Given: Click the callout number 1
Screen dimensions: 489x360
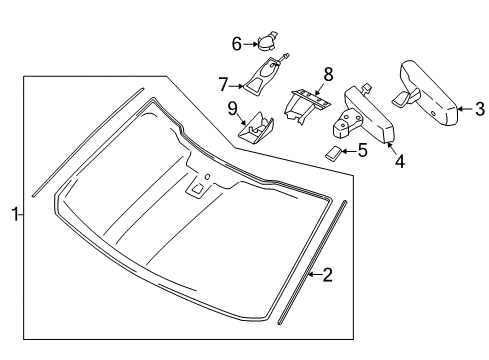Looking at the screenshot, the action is (x=15, y=214).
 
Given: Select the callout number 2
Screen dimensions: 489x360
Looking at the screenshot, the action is (x=328, y=275).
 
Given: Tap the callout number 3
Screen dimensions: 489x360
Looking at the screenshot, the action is (x=479, y=109).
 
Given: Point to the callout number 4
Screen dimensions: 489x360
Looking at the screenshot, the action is (x=400, y=162).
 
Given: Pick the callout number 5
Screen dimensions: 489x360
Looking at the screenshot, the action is (x=363, y=151).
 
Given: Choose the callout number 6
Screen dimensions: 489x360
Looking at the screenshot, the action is (x=237, y=44).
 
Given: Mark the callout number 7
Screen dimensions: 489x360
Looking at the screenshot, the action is (x=223, y=84).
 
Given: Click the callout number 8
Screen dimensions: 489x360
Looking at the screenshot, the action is (x=328, y=74).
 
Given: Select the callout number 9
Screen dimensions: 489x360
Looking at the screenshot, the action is (x=232, y=108).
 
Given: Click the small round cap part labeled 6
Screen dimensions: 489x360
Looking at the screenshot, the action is (x=267, y=42).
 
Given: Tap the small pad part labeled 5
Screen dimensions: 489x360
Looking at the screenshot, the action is (x=333, y=153).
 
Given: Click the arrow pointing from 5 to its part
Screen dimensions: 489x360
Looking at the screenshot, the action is (x=349, y=151).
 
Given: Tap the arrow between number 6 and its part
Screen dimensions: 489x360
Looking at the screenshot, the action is (x=250, y=44).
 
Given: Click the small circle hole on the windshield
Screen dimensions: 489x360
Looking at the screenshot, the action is (x=207, y=176).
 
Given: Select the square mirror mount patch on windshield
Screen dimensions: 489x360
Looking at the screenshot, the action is (x=197, y=189).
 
